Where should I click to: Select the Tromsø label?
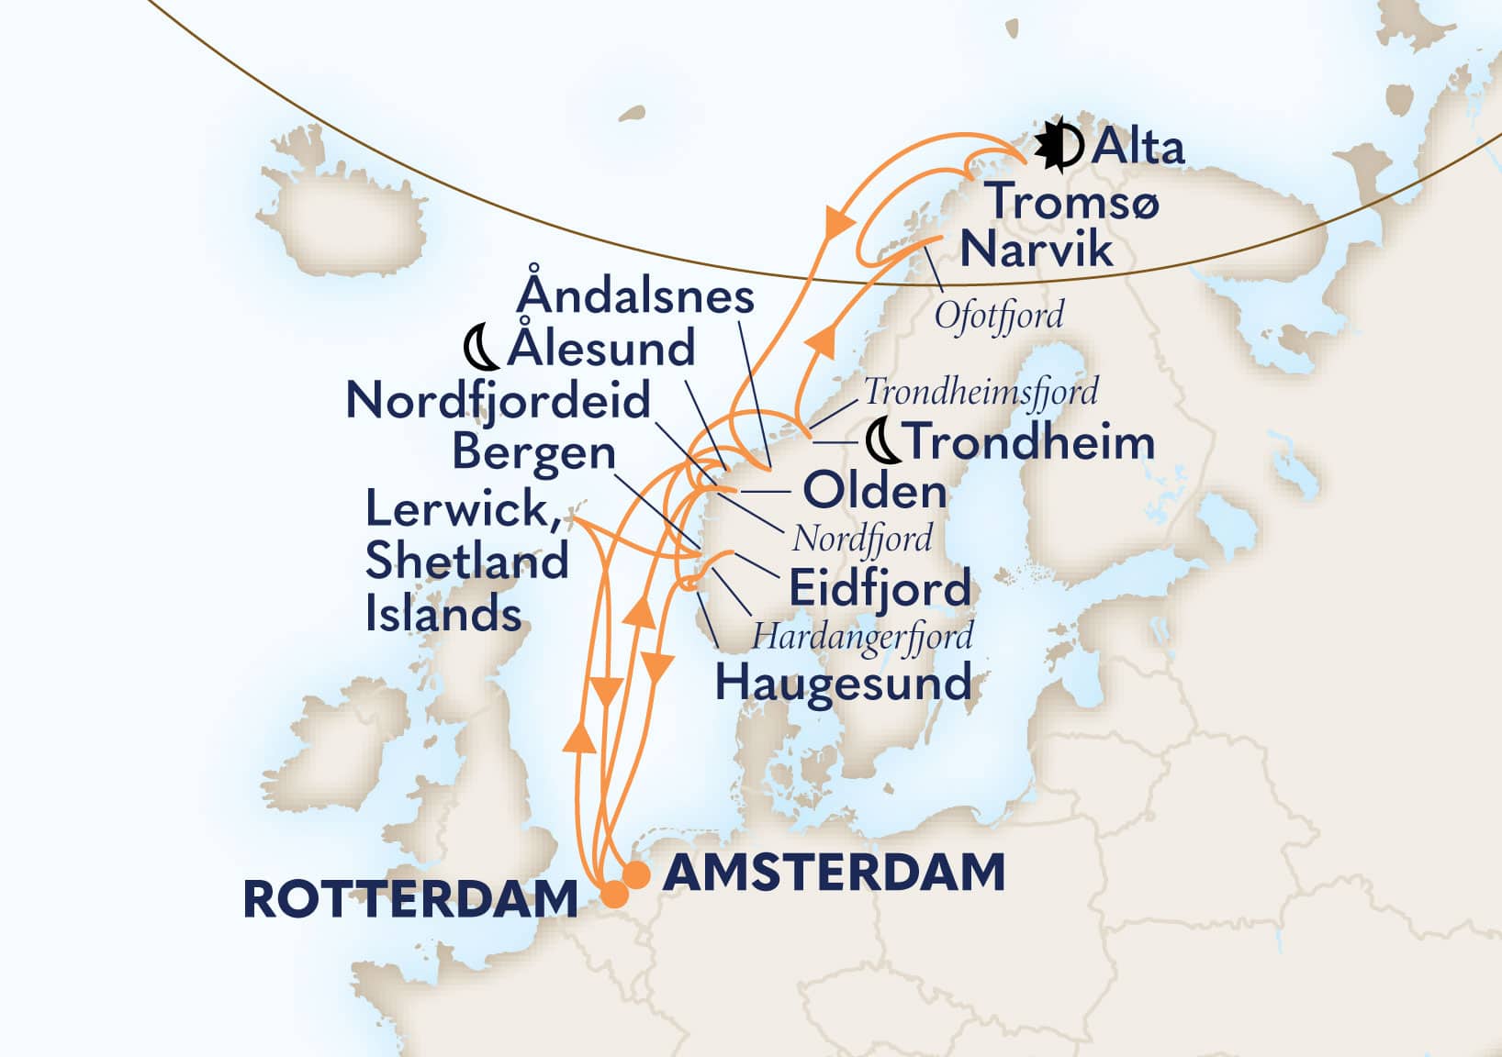point(1073,199)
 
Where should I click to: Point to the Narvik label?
point(1036,250)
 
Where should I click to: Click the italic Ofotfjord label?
point(999,316)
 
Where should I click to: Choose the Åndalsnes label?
point(635,295)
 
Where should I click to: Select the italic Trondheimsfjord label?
point(981,392)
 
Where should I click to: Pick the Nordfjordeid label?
point(498,401)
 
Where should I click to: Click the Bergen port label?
point(533,452)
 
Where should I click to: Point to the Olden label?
point(874,492)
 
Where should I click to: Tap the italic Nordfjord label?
point(861,538)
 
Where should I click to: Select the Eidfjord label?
point(880,588)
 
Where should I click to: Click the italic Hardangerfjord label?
point(862,636)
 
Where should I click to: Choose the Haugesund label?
point(843,684)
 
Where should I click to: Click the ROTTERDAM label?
point(409,899)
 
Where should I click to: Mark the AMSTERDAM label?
point(834,872)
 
